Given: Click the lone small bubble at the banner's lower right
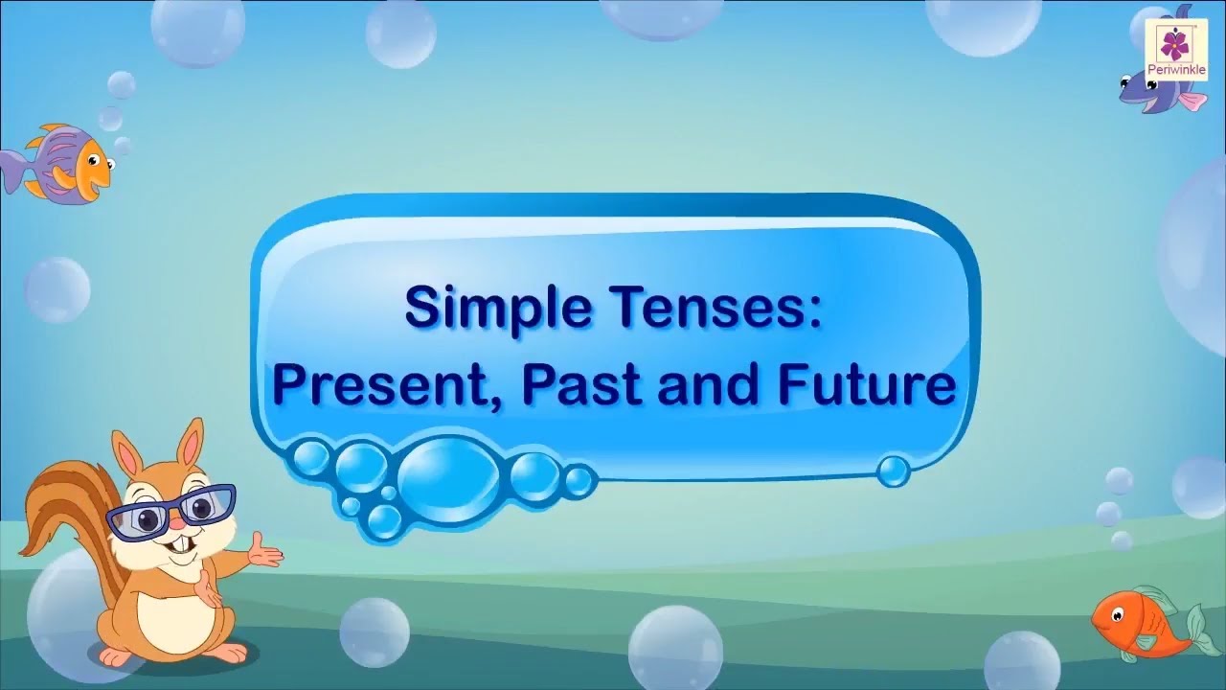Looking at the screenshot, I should coord(893,470).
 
